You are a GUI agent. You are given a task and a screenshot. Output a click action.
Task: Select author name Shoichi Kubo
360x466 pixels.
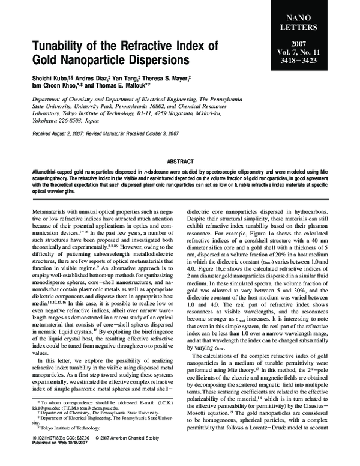tap(49, 77)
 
